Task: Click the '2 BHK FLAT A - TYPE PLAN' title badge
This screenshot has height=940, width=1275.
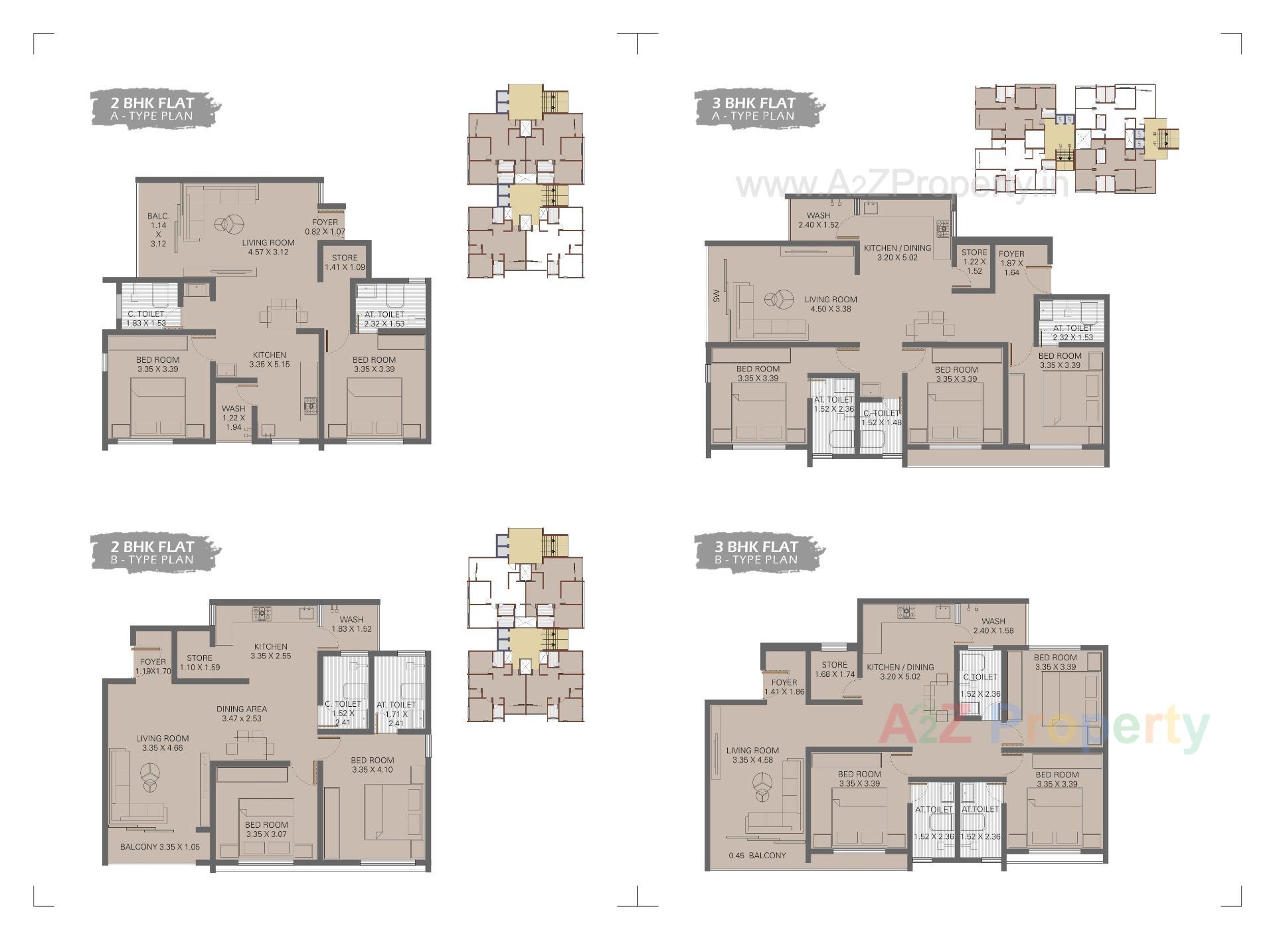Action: (x=153, y=109)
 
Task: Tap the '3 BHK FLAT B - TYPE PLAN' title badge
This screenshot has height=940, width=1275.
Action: (x=757, y=553)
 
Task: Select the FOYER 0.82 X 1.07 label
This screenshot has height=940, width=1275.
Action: (x=325, y=227)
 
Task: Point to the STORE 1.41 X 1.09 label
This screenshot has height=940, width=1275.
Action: (x=345, y=262)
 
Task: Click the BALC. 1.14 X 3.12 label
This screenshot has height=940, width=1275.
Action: (x=158, y=230)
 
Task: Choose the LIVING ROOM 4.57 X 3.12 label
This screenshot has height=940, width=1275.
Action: (x=268, y=247)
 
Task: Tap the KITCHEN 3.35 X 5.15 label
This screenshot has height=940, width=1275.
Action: (x=269, y=359)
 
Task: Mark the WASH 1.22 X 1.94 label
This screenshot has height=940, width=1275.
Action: (x=233, y=418)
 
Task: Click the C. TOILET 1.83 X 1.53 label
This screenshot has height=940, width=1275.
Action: (x=146, y=319)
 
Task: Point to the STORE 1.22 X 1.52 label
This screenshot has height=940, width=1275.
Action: (x=974, y=261)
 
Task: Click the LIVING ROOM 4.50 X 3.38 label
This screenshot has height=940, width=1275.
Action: (x=831, y=304)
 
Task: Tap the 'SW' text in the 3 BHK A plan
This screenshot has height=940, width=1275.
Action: (x=717, y=298)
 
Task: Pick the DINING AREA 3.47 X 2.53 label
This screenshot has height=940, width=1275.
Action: (x=242, y=713)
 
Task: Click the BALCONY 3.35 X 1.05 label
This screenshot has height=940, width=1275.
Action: (x=159, y=847)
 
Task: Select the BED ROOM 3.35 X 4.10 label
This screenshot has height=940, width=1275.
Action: (x=372, y=765)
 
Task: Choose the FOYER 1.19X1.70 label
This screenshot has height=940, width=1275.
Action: (x=153, y=666)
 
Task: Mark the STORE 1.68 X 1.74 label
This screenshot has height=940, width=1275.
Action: (x=834, y=669)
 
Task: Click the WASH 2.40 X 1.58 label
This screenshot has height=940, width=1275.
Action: (x=993, y=626)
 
